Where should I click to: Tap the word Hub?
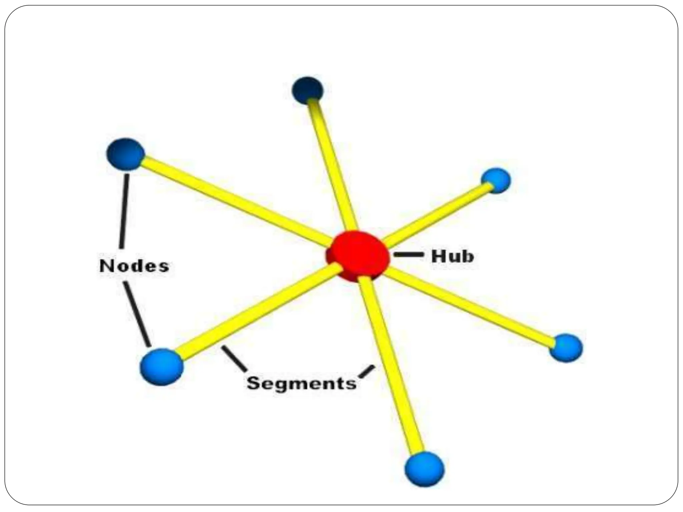[x=452, y=256]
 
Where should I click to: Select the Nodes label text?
[x=134, y=266]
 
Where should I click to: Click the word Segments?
[x=301, y=383]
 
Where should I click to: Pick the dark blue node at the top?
[x=307, y=89]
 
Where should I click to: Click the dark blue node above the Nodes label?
[x=125, y=154]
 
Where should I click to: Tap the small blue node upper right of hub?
[x=496, y=180]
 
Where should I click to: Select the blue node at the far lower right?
[x=566, y=348]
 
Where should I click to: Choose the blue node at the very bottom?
[x=424, y=469]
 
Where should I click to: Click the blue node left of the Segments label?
[x=162, y=366]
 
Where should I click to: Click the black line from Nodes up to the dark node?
[x=124, y=210]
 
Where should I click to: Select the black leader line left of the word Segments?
[x=234, y=359]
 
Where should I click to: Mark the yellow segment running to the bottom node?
[x=394, y=367]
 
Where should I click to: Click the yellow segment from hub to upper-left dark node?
[x=233, y=200]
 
